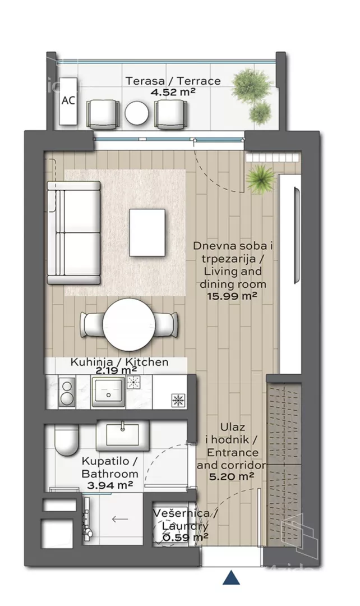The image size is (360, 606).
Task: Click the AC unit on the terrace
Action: click(x=68, y=101)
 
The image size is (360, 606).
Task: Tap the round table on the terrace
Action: click(x=137, y=113)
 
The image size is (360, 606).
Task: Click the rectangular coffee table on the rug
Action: click(x=147, y=233)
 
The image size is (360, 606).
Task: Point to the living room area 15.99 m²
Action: click(x=233, y=296)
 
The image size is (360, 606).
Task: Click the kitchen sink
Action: click(x=109, y=392)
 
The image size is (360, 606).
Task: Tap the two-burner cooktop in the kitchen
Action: click(x=67, y=392)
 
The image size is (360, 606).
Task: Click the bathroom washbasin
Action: click(x=123, y=435)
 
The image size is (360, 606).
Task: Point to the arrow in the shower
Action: click(x=120, y=518)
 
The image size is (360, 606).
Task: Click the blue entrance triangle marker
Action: click(x=232, y=577)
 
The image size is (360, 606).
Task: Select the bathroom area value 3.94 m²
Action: click(x=110, y=485)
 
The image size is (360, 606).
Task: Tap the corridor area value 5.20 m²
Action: click(x=232, y=476)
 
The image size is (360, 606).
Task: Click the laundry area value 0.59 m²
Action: click(x=186, y=537)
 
